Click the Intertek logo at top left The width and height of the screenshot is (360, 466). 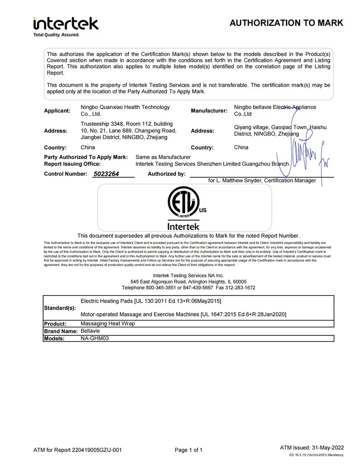[65, 23]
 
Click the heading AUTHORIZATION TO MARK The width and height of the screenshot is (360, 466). [286, 23]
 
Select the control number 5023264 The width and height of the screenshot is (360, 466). [106, 174]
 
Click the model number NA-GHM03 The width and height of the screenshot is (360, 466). [94, 338]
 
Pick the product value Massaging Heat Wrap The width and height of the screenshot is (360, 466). [108, 323]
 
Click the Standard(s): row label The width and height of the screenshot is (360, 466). [60, 308]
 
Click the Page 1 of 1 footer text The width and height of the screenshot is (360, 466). [189, 450]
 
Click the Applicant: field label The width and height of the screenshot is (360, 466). [57, 111]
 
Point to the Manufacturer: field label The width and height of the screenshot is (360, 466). [209, 111]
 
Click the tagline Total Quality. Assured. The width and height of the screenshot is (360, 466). [56, 35]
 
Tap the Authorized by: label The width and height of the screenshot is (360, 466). [166, 174]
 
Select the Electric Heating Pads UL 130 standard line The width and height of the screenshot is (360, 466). [150, 300]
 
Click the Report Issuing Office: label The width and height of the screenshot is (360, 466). [72, 164]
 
